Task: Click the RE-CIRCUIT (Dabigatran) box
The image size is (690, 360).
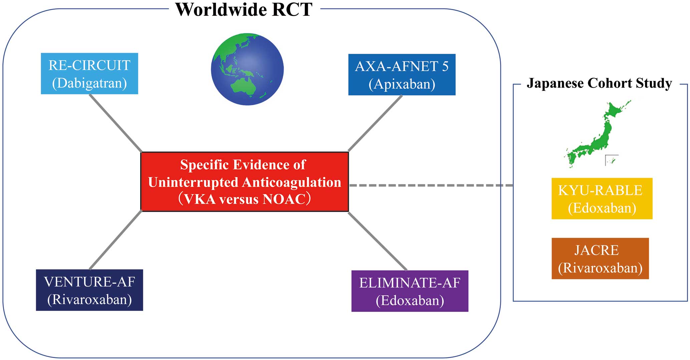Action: pyautogui.click(x=89, y=73)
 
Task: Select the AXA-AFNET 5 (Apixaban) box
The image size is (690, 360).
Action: pyautogui.click(x=402, y=75)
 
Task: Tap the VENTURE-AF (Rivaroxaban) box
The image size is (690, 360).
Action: pyautogui.click(x=89, y=290)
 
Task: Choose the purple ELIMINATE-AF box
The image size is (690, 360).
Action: pyautogui.click(x=410, y=291)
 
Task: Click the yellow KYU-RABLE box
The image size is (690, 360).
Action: pyautogui.click(x=602, y=199)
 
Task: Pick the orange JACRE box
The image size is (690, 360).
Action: pyautogui.click(x=600, y=259)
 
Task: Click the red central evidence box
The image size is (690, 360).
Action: pyautogui.click(x=245, y=182)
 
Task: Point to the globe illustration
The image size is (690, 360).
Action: pyautogui.click(x=247, y=69)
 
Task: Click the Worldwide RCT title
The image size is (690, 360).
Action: pyautogui.click(x=244, y=9)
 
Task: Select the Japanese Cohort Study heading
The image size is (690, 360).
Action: pyautogui.click(x=600, y=83)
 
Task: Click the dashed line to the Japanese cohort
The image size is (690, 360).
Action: pyautogui.click(x=431, y=185)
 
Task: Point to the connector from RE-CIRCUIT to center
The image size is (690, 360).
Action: pyautogui.click(x=116, y=123)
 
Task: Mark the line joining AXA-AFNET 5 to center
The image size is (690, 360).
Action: pyautogui.click(x=375, y=123)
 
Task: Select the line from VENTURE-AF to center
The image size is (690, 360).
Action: pyautogui.click(x=116, y=240)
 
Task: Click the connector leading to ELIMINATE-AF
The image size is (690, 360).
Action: pyautogui.click(x=378, y=241)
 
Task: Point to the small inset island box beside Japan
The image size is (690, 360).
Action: pyautogui.click(x=612, y=160)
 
